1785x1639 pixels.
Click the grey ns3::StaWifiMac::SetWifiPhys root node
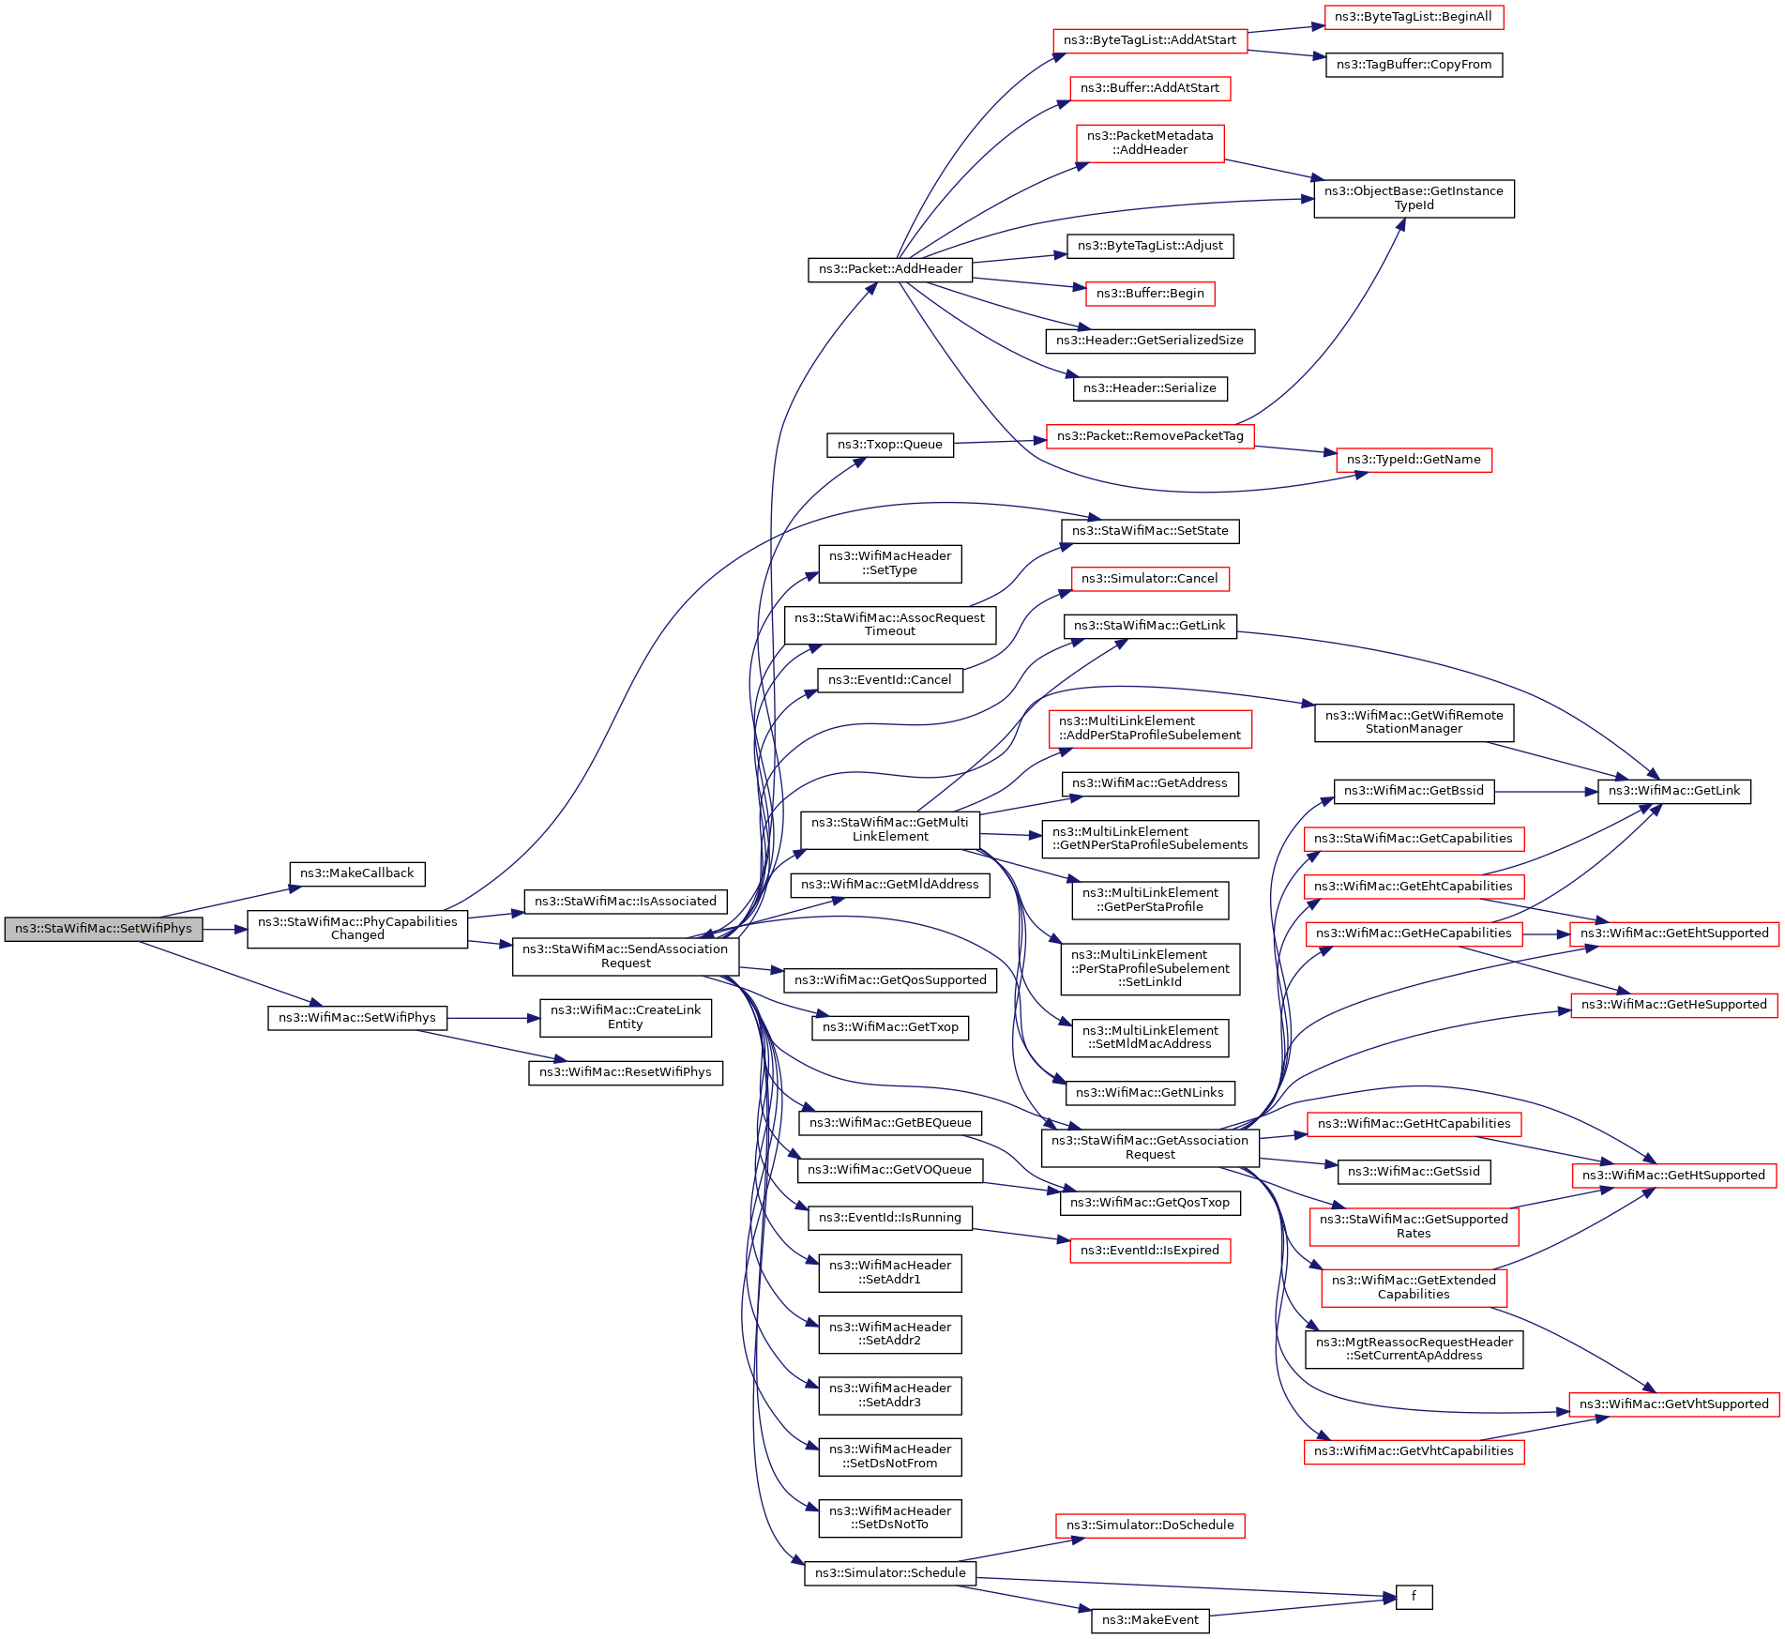(x=103, y=929)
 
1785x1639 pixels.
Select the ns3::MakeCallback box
(x=356, y=873)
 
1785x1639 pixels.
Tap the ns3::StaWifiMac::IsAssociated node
(x=625, y=902)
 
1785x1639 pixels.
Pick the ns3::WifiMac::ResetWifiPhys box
(x=625, y=1072)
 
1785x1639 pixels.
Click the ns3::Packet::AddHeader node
(x=890, y=269)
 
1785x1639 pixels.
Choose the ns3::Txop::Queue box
(x=889, y=445)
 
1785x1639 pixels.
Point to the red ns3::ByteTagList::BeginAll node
(x=1413, y=17)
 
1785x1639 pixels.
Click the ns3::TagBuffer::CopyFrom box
(x=1414, y=65)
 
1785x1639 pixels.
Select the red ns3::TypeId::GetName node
(x=1414, y=460)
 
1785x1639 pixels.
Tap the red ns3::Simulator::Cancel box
(x=1149, y=579)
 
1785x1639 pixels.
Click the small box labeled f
(x=1414, y=1596)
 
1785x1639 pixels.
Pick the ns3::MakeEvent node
(x=1150, y=1620)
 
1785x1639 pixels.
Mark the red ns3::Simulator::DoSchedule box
(x=1150, y=1525)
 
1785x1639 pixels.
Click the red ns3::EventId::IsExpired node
(x=1150, y=1251)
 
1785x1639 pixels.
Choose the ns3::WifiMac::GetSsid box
(x=1414, y=1172)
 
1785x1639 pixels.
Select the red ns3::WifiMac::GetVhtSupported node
(x=1673, y=1404)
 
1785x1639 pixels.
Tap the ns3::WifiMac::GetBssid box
(x=1414, y=791)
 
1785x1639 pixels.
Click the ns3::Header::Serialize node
(x=1149, y=388)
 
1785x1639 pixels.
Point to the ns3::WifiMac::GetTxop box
(x=889, y=1027)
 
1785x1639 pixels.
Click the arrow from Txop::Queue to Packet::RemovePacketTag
(x=999, y=441)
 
